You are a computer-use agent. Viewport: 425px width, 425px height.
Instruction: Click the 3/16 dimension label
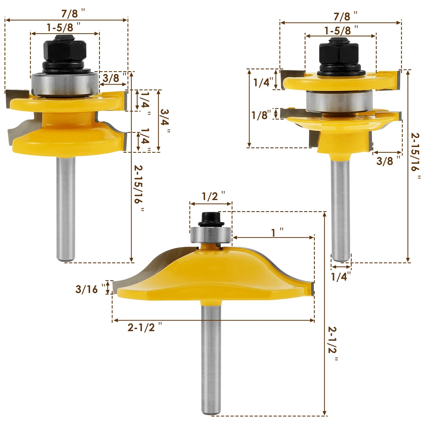(x=86, y=289)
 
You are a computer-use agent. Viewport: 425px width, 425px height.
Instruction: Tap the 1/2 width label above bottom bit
(x=210, y=197)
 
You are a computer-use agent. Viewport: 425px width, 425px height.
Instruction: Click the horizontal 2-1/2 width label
(x=142, y=328)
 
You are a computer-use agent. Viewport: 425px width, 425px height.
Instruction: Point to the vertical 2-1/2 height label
(x=333, y=344)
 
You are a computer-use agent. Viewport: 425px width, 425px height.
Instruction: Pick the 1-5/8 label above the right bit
(x=338, y=30)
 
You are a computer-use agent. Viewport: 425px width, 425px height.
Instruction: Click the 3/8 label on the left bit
(x=111, y=78)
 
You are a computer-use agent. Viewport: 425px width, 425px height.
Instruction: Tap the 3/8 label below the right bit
(x=385, y=161)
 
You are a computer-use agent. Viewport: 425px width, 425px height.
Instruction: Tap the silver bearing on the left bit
(x=64, y=84)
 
